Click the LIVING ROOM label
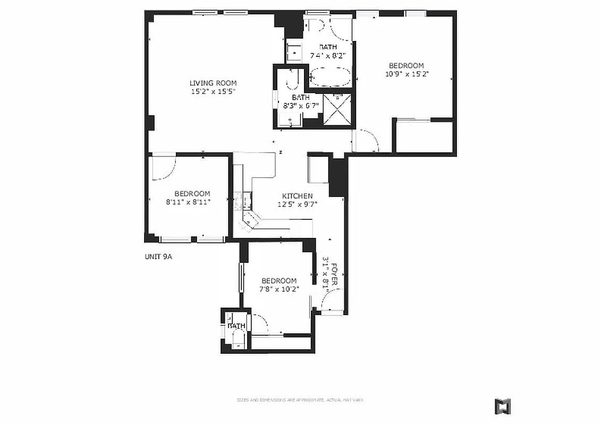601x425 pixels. [213, 83]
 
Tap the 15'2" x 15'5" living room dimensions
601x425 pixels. [213, 91]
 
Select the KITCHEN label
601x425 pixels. [297, 196]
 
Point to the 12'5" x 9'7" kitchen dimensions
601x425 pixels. [297, 204]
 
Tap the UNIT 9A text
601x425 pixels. [159, 257]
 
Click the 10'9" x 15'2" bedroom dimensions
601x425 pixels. [407, 74]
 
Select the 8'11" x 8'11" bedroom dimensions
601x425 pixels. [192, 202]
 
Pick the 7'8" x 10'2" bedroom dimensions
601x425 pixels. [279, 289]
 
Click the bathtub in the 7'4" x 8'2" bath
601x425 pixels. [331, 77]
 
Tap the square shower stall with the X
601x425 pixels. [336, 110]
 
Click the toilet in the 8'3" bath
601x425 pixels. [292, 80]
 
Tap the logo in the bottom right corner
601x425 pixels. [502, 406]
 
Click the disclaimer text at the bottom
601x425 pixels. [300, 399]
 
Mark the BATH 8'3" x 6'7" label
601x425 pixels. [300, 101]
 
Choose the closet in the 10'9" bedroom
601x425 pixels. [424, 137]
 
